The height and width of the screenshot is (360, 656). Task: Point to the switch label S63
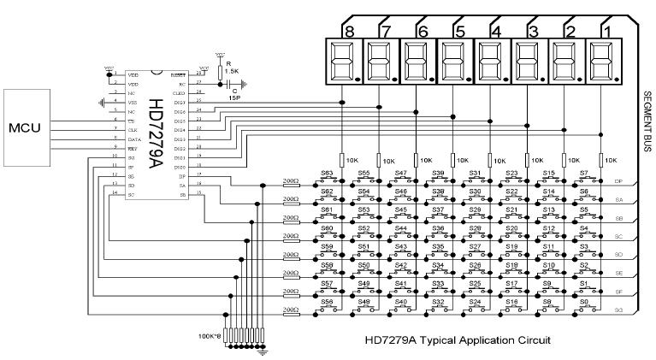[327, 173]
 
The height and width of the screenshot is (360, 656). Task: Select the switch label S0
[584, 301]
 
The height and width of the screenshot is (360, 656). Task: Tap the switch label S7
[584, 173]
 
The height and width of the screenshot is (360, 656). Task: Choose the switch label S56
[327, 301]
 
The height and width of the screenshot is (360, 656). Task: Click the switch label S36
[438, 228]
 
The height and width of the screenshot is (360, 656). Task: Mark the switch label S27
[475, 246]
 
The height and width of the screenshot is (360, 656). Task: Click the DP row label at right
[618, 181]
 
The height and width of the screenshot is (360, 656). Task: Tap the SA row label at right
[618, 199]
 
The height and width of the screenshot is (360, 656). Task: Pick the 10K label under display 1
[611, 160]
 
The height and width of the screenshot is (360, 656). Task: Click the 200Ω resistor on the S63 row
[291, 181]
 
